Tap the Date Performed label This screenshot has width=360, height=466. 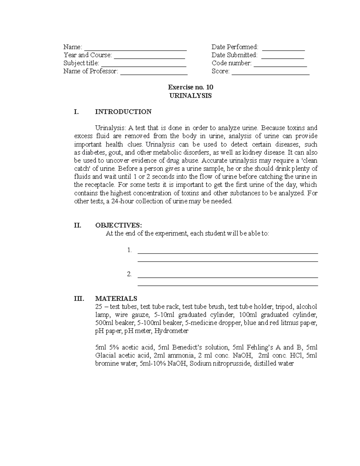tap(235, 47)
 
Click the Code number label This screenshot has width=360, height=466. tap(232, 63)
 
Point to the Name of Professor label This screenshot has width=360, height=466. tap(91, 71)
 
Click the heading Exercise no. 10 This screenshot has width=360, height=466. tap(190, 87)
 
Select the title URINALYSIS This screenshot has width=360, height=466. tap(190, 96)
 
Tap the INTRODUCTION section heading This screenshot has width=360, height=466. tap(123, 112)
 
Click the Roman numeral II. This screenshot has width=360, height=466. tap(77, 225)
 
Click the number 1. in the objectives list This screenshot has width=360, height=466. tap(129, 250)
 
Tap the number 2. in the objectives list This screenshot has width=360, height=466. tap(129, 274)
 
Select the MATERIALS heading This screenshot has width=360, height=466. tap(116, 299)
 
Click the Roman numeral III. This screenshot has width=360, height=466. tap(79, 299)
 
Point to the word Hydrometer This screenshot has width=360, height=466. tap(171, 331)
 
